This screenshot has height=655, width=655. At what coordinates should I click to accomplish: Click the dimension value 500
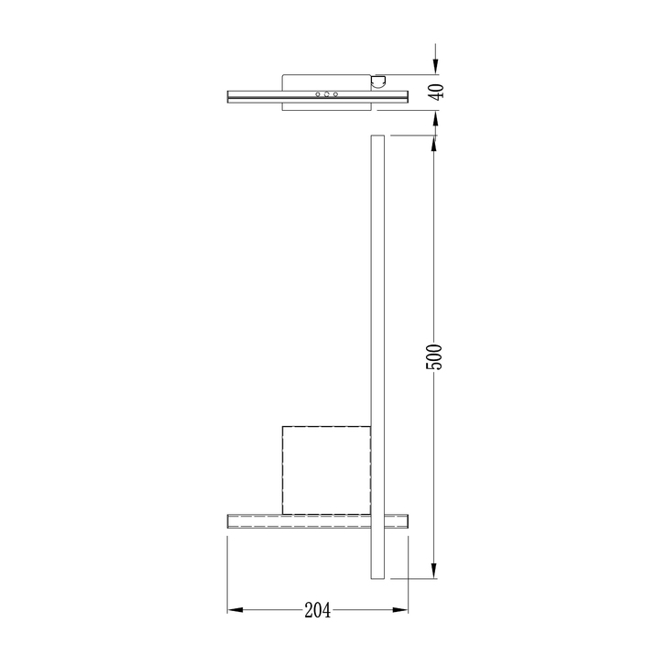tap(433, 356)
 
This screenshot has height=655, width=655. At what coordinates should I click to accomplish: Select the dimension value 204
tap(318, 610)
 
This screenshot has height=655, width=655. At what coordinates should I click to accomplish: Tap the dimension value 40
tap(437, 92)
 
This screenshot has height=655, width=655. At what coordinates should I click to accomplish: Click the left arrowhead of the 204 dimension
tap(235, 610)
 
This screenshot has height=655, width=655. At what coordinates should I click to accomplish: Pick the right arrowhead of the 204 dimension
tap(400, 610)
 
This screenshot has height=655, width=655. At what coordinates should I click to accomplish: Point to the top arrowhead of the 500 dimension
tap(435, 143)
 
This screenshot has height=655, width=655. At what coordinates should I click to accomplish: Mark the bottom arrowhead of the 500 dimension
tap(435, 571)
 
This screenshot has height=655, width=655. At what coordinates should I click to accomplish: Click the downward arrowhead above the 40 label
tap(436, 67)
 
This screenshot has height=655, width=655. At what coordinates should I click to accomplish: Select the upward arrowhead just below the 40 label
tap(436, 118)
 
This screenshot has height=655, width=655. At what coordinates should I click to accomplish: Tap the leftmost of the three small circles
tap(318, 94)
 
